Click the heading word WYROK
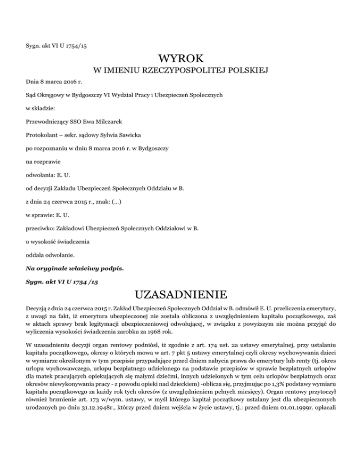click(x=181, y=59)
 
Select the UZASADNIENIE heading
click(x=181, y=296)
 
